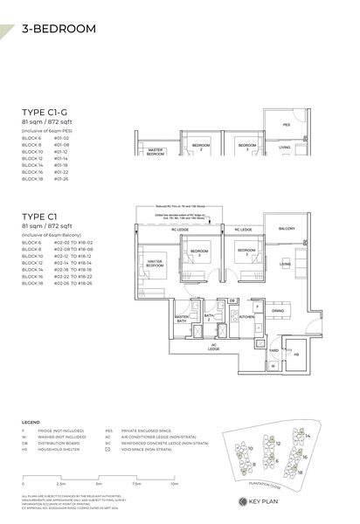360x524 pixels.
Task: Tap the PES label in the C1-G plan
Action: point(285,125)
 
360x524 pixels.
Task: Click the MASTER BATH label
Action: point(182,319)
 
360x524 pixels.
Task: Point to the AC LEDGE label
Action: point(213,348)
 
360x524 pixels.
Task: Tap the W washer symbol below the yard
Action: point(273,366)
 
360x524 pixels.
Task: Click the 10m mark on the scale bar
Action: point(175,482)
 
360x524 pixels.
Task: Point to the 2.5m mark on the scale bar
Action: point(61,482)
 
